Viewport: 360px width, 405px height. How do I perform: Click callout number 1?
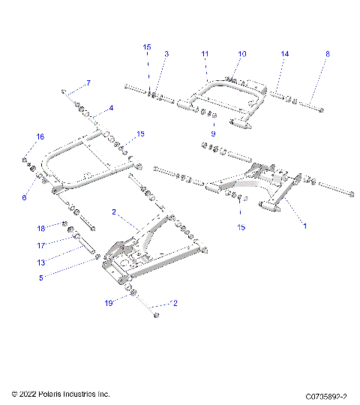pyautogui.click(x=304, y=224)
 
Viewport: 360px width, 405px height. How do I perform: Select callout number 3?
pyautogui.click(x=166, y=54)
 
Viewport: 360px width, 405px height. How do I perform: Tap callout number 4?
pyautogui.click(x=111, y=108)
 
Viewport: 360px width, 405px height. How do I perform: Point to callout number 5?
pyautogui.click(x=42, y=277)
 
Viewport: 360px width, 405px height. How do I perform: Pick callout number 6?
pyautogui.click(x=24, y=197)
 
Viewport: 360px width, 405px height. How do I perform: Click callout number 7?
pyautogui.click(x=88, y=82)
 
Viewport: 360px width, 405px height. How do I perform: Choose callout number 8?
pyautogui.click(x=327, y=54)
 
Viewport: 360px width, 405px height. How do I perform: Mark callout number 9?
pyautogui.click(x=213, y=133)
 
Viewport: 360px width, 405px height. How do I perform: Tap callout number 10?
pyautogui.click(x=242, y=54)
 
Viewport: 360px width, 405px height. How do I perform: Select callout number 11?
pyautogui.click(x=205, y=54)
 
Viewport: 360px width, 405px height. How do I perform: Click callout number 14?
pyautogui.click(x=284, y=54)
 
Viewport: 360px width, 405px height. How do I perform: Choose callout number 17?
pyautogui.click(x=42, y=244)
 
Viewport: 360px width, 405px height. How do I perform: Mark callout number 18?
pyautogui.click(x=42, y=228)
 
